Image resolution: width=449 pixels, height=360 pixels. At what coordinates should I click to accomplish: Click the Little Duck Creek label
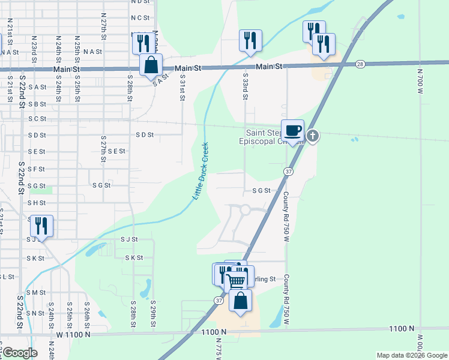coord(200,171)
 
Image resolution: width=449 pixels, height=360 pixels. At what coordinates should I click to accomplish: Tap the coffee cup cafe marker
coord(292,131)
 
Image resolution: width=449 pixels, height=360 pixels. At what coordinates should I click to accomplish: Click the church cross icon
coord(312,136)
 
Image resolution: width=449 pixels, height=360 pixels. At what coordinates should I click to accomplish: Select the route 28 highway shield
coord(360,64)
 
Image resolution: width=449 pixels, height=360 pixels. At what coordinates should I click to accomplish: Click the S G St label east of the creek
coord(261,191)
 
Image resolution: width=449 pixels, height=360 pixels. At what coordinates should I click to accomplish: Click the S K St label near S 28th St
coord(134,258)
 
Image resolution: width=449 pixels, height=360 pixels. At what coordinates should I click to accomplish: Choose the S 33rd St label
coord(246,86)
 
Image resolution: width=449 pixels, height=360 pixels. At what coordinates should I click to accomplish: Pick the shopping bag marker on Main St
coord(151,64)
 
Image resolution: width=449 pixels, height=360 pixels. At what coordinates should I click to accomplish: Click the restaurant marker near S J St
coord(41,226)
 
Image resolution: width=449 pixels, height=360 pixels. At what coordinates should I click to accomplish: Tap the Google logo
coord(19,353)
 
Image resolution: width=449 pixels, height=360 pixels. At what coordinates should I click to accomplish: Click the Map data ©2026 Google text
coord(411,355)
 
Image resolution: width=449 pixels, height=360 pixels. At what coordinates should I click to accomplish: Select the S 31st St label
coord(182,86)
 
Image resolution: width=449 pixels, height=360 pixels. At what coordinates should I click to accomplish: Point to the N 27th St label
coord(104,29)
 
